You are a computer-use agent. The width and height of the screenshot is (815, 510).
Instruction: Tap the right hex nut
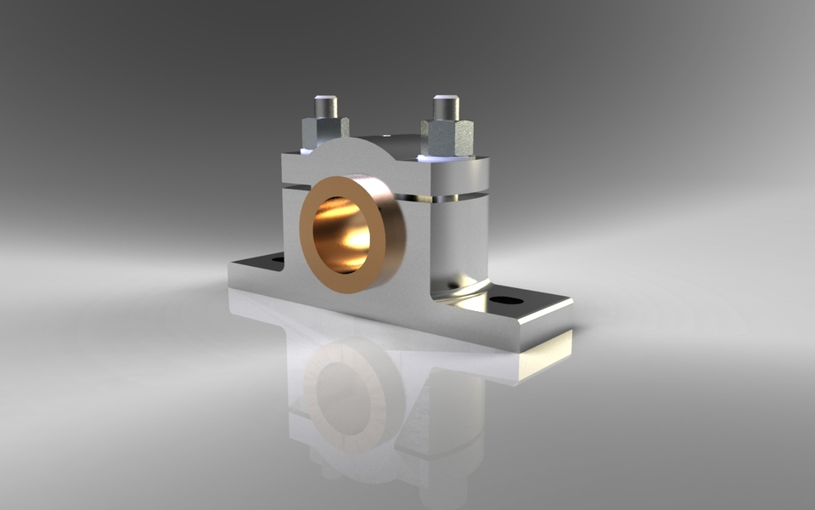click(447, 136)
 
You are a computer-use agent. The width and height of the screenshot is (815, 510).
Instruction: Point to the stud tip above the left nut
click(326, 105)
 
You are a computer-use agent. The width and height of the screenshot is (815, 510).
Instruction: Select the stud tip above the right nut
click(446, 107)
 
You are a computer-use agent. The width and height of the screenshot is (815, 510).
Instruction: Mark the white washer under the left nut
click(306, 150)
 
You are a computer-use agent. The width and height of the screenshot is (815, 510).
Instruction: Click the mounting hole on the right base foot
click(507, 300)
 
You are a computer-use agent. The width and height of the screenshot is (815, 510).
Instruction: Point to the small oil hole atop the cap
click(387, 134)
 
